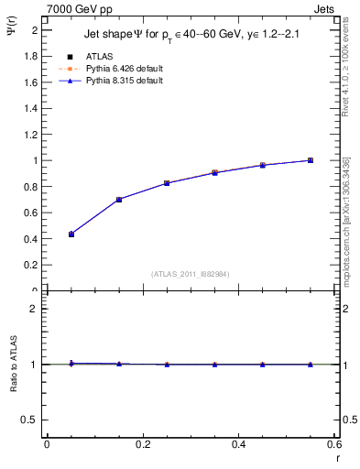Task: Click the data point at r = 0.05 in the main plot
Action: point(71,234)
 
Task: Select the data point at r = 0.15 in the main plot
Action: point(119,199)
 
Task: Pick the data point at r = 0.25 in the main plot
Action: point(167,183)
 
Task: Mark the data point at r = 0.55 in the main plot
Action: point(311,160)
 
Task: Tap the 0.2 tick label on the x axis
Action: point(142,444)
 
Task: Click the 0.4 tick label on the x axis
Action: point(238,444)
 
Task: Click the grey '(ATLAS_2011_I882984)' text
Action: point(191,273)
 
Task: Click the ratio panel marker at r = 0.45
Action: point(263,365)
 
